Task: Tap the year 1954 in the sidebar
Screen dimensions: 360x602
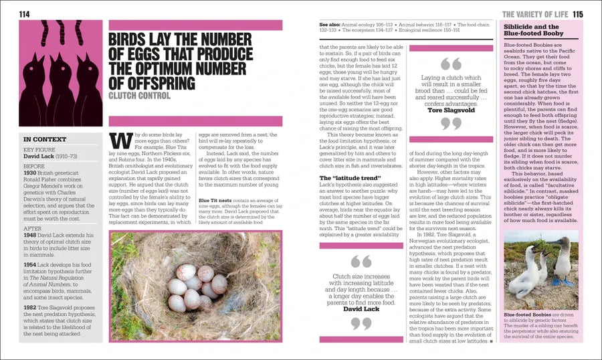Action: pyautogui.click(x=31, y=264)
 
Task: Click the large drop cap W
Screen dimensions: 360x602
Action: pyautogui.click(x=120, y=144)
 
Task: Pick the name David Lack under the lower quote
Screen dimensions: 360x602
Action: pyautogui.click(x=361, y=309)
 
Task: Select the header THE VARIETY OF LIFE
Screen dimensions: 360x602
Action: pyautogui.click(x=535, y=14)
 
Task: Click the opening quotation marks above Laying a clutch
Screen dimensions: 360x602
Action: pyautogui.click(x=451, y=64)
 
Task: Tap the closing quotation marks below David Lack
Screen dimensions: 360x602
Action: pyautogui.click(x=361, y=323)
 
